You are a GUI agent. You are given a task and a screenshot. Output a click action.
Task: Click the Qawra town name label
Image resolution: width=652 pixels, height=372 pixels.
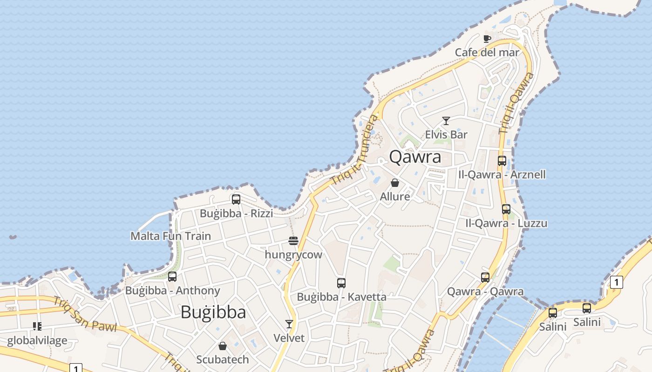(415, 157)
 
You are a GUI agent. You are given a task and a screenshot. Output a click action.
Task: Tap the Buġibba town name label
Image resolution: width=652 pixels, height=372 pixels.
(213, 312)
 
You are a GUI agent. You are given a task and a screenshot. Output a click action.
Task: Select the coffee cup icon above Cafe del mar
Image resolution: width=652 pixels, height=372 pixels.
(487, 39)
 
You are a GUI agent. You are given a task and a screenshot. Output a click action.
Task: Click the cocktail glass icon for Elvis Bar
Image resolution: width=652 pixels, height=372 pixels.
(446, 121)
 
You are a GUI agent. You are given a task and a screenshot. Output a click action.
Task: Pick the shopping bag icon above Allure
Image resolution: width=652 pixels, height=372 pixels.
(395, 183)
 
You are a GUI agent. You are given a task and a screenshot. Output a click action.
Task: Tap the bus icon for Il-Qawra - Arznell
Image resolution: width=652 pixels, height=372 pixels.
(502, 161)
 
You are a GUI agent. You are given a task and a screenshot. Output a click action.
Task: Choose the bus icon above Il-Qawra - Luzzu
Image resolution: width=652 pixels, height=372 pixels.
(506, 209)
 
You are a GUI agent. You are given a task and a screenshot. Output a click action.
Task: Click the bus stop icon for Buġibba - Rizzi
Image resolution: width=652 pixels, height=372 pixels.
(236, 199)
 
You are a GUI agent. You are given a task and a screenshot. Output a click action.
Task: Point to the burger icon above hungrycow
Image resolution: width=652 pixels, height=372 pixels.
(293, 241)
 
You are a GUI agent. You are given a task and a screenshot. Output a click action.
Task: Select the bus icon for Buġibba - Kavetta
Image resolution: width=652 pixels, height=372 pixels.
(341, 283)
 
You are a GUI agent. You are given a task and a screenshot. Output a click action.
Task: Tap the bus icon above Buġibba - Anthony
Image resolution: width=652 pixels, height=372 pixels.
(172, 277)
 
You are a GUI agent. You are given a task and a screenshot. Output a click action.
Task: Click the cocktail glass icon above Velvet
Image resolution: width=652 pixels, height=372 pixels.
(289, 324)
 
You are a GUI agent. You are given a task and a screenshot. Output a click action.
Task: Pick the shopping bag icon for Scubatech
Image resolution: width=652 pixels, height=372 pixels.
(223, 346)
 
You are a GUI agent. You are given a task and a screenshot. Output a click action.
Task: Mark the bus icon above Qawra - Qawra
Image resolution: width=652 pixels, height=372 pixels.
(485, 278)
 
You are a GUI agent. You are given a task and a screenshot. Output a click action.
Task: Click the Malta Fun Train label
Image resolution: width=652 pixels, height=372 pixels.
(170, 236)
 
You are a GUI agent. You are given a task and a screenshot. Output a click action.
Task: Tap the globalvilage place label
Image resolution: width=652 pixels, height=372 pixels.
(37, 341)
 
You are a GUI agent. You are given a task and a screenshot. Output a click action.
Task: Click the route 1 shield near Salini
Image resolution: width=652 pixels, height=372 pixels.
(616, 282)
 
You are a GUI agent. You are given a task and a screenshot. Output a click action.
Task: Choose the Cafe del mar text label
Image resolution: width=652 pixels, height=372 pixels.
(487, 53)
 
